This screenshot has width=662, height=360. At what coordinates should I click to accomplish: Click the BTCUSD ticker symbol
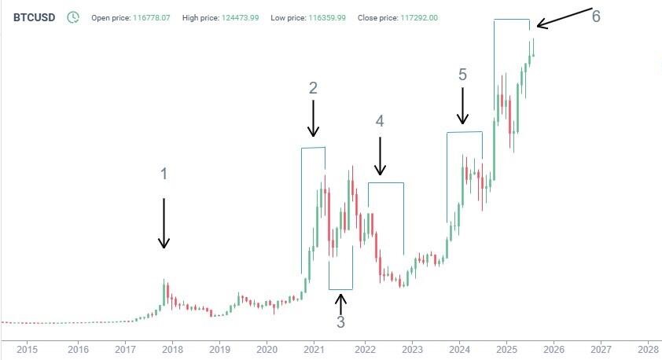click(34, 17)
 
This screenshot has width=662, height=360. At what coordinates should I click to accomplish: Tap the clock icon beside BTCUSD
click(73, 17)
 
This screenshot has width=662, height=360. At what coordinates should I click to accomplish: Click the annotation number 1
click(164, 174)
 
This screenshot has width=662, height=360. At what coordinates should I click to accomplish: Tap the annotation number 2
click(313, 88)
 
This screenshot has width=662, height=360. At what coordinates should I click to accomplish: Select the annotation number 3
click(340, 321)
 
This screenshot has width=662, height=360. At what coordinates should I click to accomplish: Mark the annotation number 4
click(380, 121)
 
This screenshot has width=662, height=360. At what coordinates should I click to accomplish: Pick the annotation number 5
click(462, 75)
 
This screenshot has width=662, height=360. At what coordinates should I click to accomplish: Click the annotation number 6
click(596, 17)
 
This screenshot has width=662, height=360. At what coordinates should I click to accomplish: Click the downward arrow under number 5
click(462, 106)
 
